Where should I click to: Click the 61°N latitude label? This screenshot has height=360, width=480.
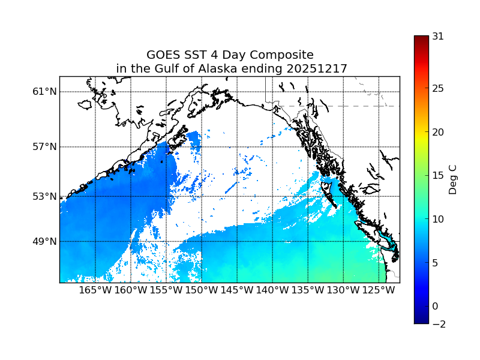44,92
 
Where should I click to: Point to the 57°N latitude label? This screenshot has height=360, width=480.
44,147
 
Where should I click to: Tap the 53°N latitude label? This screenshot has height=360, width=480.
44,196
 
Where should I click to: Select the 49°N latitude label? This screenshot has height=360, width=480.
44,241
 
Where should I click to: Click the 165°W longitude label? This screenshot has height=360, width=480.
95,290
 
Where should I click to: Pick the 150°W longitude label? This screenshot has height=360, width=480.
202,290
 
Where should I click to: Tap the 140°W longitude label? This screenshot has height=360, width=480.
272,290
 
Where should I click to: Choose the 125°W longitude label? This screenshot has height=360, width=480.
379,290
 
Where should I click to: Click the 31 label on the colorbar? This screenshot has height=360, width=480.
438,36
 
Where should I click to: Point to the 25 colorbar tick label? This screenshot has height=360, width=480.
438,89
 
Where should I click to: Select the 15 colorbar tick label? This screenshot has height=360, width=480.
438,176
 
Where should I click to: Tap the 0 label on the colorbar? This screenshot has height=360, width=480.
435,306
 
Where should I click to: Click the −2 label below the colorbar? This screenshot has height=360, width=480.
438,324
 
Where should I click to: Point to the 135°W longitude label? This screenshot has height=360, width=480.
308,290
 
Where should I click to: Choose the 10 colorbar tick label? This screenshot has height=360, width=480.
438,219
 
